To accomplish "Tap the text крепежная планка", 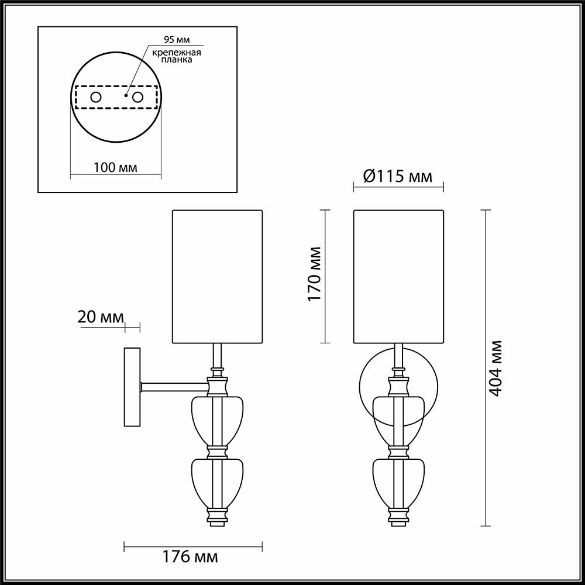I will click(177, 56).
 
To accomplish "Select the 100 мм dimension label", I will click(115, 167).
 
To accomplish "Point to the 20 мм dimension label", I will click(101, 317).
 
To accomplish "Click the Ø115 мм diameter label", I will click(398, 175).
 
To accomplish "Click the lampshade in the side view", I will click(216, 276).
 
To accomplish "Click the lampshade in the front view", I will click(398, 276).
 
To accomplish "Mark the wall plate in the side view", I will click(132, 387).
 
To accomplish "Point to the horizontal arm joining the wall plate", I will click(174, 386).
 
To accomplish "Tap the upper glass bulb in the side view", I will click(217, 421).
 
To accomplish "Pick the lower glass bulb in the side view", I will click(217, 483).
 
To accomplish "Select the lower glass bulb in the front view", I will click(398, 483).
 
